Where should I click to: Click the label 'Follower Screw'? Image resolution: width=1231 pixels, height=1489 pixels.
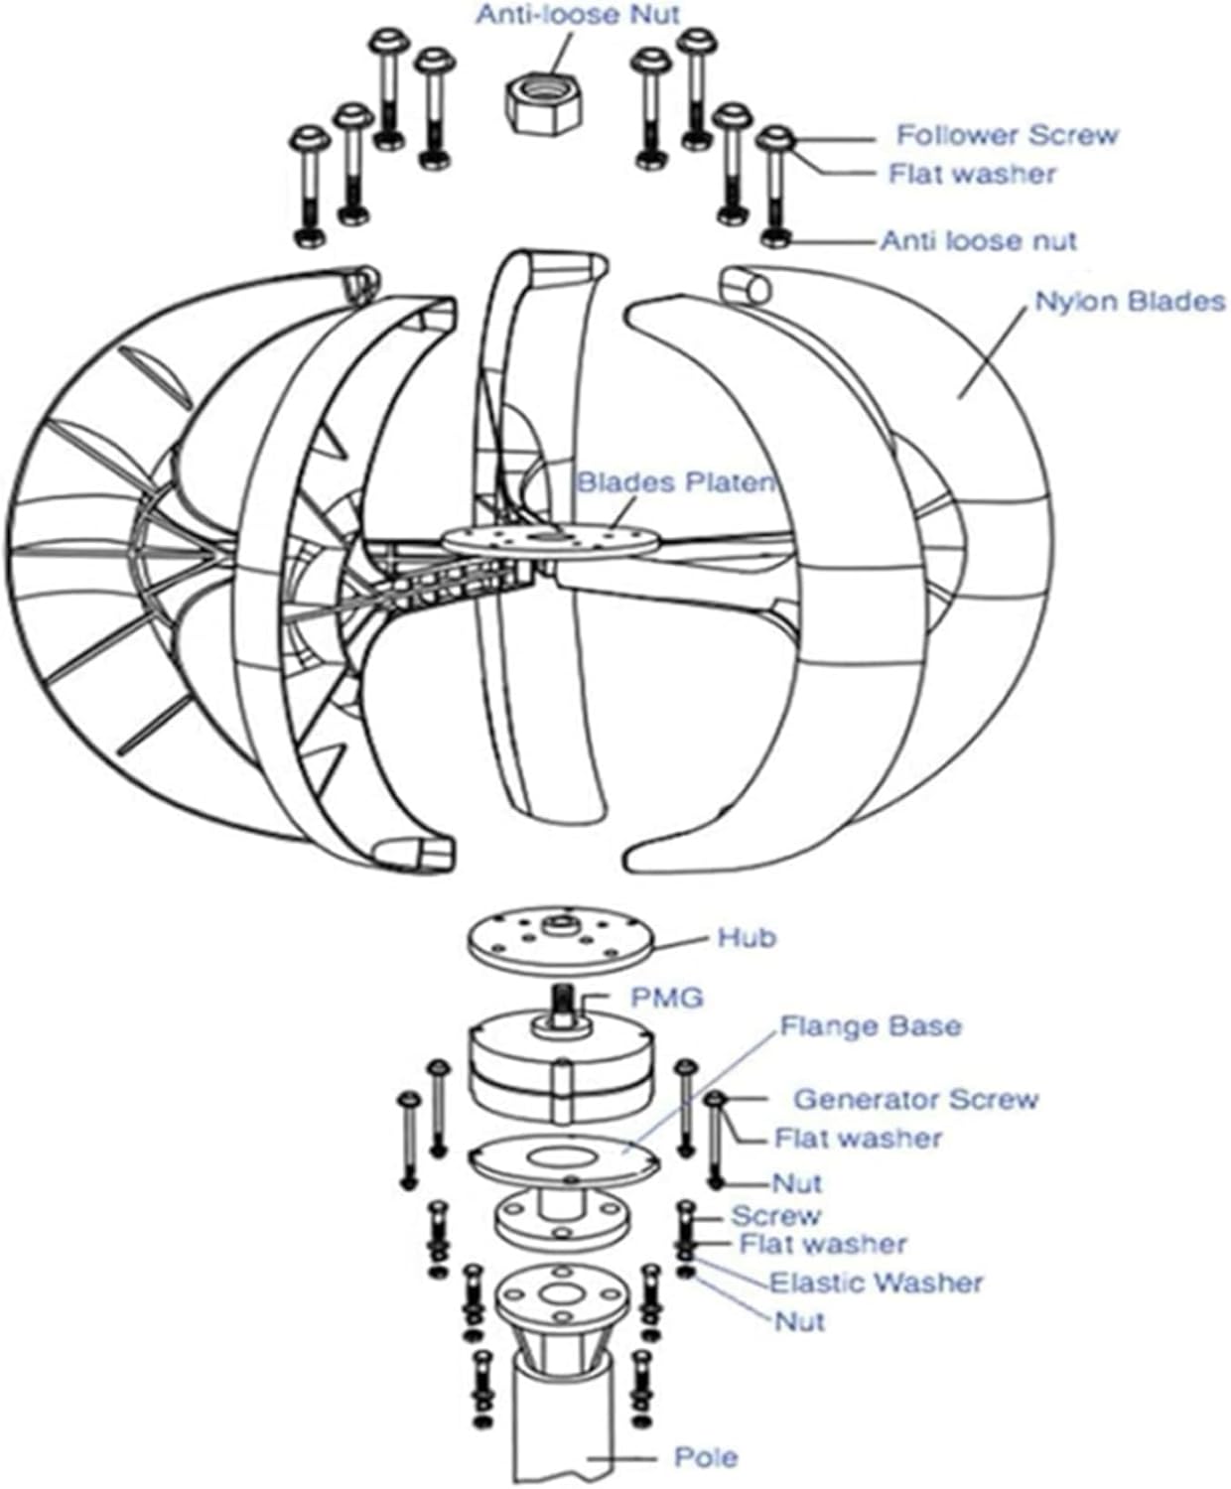[1007, 134]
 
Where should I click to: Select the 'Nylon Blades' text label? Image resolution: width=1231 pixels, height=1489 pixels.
[1130, 301]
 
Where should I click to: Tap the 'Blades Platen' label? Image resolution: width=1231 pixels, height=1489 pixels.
[675, 482]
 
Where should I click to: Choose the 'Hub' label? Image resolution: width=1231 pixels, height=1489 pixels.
[747, 938]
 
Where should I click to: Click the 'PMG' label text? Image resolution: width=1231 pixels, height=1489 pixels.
[667, 997]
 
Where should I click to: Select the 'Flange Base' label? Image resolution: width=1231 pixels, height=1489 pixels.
[871, 1025]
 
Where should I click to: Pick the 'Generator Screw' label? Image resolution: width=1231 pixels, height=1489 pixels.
[915, 1099]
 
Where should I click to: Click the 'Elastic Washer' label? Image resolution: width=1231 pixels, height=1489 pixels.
[877, 1283]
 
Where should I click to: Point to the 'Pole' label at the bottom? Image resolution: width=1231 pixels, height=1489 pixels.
[706, 1457]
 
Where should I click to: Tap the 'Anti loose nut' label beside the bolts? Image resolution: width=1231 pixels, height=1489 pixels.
[978, 240]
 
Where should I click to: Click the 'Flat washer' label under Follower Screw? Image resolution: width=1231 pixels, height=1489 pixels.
[972, 174]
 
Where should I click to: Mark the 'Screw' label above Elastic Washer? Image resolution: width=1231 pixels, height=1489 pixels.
[776, 1216]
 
